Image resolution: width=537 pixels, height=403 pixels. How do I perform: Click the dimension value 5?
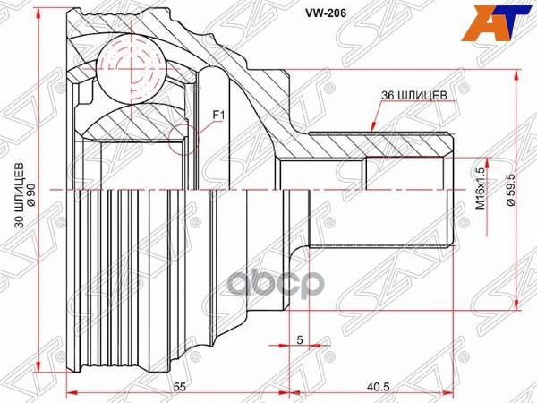pos(298,339)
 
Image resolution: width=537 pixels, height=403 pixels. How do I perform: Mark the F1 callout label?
pos(217,115)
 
